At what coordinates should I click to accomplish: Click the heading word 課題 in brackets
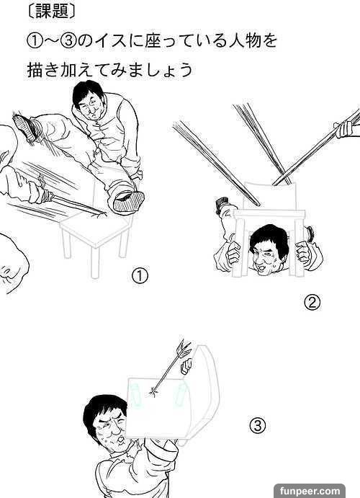(52, 12)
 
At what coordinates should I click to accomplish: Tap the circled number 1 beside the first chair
(140, 275)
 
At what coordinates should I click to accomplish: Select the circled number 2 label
(312, 303)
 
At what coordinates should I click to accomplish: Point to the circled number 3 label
(257, 425)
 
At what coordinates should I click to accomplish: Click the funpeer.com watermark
(310, 491)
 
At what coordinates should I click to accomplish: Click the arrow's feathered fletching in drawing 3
(185, 348)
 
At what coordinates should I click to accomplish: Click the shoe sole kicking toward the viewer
(128, 201)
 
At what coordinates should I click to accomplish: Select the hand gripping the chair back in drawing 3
(186, 367)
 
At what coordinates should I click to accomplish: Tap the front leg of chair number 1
(94, 262)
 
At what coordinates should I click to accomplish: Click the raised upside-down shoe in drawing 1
(24, 127)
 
